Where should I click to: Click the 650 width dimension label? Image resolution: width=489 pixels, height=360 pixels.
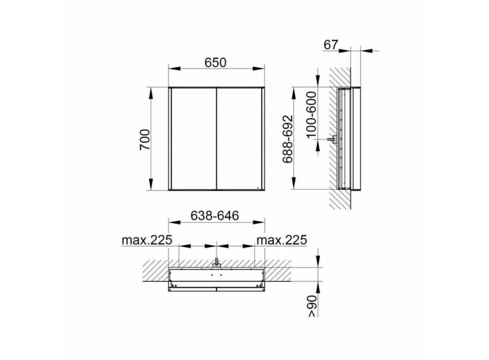tap(215, 63)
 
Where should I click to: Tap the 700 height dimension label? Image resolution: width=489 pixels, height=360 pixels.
tap(145, 139)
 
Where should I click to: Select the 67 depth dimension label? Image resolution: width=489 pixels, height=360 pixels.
tap(330, 45)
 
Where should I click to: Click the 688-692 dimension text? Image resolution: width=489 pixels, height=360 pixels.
tap(288, 139)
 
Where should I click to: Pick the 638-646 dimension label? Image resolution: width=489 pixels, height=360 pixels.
tap(215, 215)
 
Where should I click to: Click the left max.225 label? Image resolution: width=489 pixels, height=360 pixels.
tap(147, 240)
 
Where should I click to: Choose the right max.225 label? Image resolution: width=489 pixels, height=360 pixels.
tap(282, 240)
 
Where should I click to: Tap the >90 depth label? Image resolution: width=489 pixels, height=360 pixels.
tap(312, 306)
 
